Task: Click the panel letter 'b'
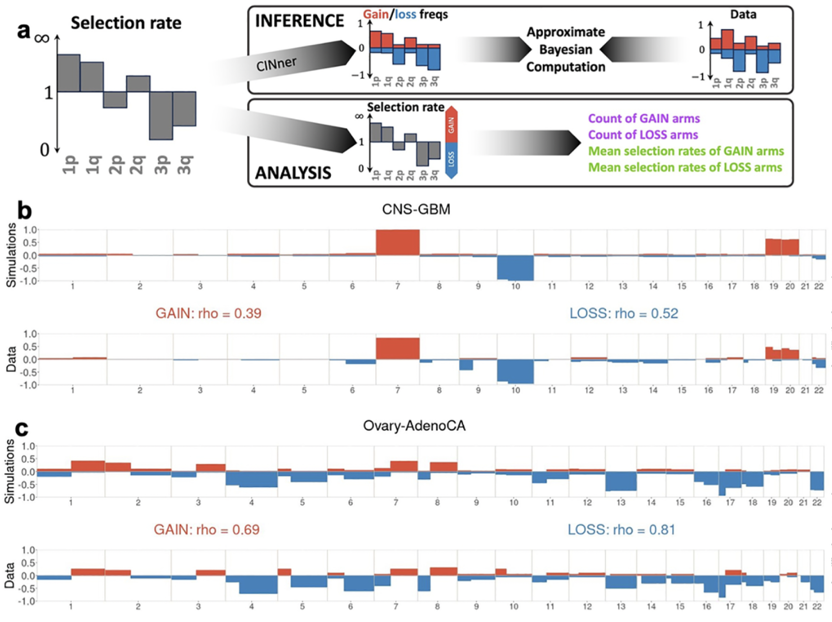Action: [x=24, y=210]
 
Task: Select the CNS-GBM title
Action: [x=416, y=209]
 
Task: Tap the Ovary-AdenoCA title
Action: [x=414, y=425]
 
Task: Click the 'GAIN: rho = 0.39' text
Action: [x=208, y=313]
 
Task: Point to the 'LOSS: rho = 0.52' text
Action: [x=624, y=313]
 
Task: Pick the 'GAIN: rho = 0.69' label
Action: [x=207, y=529]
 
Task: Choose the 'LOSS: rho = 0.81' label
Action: [x=621, y=529]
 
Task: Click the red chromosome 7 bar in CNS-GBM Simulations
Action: [x=397, y=242]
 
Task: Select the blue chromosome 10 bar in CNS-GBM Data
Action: [x=515, y=371]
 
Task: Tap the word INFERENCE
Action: [x=300, y=21]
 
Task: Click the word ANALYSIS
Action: [x=293, y=173]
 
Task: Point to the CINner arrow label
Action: [x=276, y=63]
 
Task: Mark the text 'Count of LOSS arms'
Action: [x=643, y=135]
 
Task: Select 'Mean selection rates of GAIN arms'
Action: [x=686, y=151]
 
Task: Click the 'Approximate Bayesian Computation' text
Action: [x=565, y=50]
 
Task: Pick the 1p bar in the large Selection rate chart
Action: [x=69, y=73]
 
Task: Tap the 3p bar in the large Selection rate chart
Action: [x=161, y=115]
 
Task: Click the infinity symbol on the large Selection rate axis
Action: [x=42, y=38]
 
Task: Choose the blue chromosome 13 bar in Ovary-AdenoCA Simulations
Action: [x=621, y=481]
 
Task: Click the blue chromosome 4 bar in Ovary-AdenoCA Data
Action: [x=258, y=584]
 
